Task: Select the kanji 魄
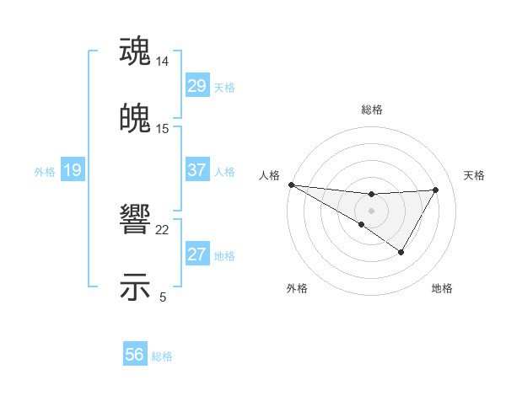pyautogui.click(x=135, y=119)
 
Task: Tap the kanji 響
pyautogui.click(x=135, y=221)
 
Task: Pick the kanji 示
pyautogui.click(x=135, y=286)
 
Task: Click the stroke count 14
pyautogui.click(x=163, y=62)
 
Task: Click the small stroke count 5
pyautogui.click(x=163, y=297)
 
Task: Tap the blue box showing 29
pyautogui.click(x=196, y=86)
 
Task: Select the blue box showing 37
pyautogui.click(x=196, y=170)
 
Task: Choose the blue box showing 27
pyautogui.click(x=196, y=254)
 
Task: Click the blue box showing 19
pyautogui.click(x=72, y=170)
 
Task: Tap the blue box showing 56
pyautogui.click(x=134, y=355)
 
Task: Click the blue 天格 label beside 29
pyautogui.click(x=223, y=88)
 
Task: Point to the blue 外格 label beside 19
pyautogui.click(x=45, y=172)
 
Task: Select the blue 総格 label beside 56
pyautogui.click(x=162, y=356)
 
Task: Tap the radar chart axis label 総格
pyautogui.click(x=372, y=110)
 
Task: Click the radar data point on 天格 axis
pyautogui.click(x=436, y=190)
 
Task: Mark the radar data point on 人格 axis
pyautogui.click(x=291, y=185)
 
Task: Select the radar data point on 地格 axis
pyautogui.click(x=401, y=252)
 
